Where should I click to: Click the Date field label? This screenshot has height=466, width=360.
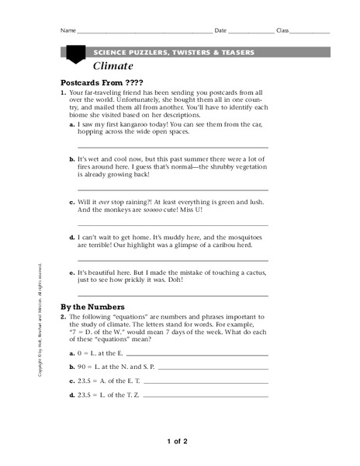(220, 31)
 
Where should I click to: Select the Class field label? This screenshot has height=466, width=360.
(282, 31)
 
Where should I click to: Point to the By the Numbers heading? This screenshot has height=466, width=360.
(97, 307)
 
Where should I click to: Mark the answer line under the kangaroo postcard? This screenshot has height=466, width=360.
(172, 146)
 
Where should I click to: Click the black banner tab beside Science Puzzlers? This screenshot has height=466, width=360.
(75, 54)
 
